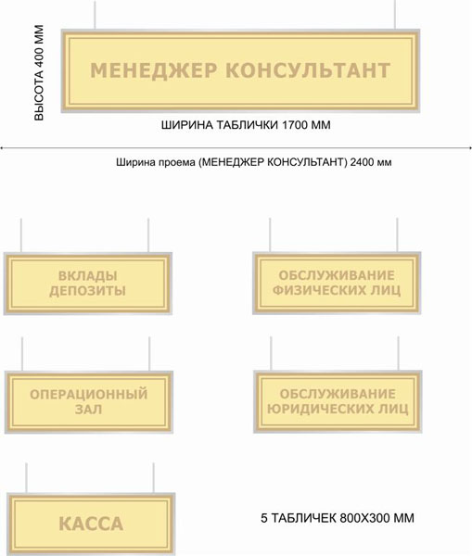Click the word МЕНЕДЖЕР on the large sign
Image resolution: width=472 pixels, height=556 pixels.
(x=153, y=70)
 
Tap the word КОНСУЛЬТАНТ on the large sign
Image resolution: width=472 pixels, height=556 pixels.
(x=308, y=69)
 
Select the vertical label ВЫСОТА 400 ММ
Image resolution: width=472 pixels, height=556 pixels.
(x=39, y=72)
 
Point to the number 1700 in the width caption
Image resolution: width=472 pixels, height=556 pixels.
(x=295, y=125)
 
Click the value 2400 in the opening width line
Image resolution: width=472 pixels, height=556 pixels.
(x=362, y=162)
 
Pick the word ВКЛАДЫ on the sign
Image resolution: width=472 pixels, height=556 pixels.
(x=88, y=275)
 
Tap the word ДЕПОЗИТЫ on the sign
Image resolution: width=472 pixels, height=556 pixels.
(x=88, y=291)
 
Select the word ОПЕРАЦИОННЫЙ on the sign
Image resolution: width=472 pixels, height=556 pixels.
(x=88, y=395)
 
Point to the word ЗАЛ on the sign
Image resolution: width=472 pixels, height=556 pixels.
(x=88, y=410)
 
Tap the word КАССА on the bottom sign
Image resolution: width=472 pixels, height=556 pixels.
(x=91, y=524)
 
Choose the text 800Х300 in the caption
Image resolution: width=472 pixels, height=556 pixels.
(x=365, y=518)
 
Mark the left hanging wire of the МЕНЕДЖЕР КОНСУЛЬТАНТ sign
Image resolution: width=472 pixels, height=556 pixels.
(x=95, y=15)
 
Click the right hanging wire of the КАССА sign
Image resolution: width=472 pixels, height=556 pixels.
(x=153, y=477)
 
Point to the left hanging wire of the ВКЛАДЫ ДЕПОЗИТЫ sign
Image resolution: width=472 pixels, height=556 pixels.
(x=21, y=235)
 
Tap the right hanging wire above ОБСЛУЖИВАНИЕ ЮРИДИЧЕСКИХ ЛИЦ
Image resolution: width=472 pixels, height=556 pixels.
(x=398, y=354)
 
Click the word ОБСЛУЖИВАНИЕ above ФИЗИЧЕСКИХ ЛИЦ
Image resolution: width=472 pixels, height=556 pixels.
(x=337, y=275)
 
